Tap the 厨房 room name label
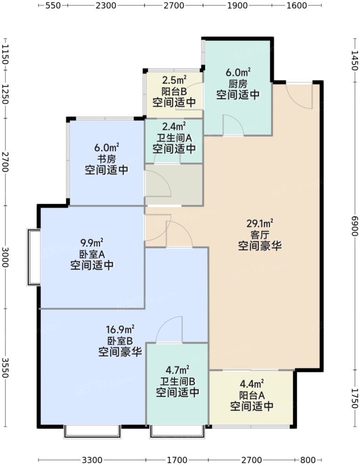click(238, 84)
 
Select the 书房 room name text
click(106, 159)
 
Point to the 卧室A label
click(92, 254)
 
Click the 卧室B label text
click(120, 341)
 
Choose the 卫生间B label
click(177, 381)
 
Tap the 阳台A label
click(252, 395)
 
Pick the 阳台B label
click(174, 91)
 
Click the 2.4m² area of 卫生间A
click(174, 126)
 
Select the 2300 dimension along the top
click(106, 5)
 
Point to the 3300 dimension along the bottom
click(92, 460)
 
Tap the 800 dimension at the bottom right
click(307, 460)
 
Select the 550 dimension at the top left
click(53, 5)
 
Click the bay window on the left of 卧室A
click(33, 257)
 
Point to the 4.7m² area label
click(177, 370)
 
